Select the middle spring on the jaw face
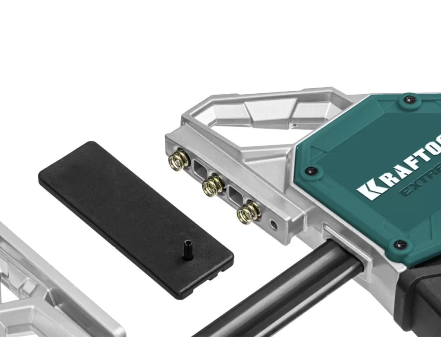(x=213, y=185)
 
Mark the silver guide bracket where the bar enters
(x=348, y=247)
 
